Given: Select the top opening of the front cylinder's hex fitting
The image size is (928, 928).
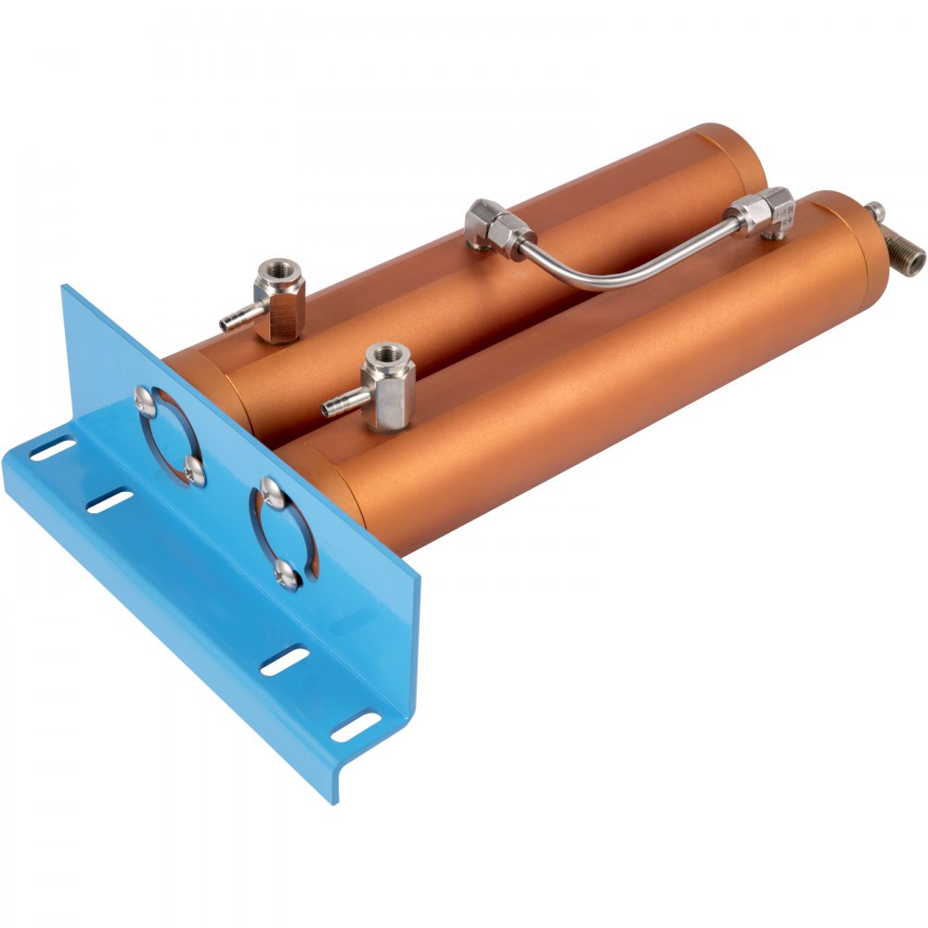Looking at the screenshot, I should pos(385,354).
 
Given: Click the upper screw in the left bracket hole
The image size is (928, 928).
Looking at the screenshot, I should pos(146,400).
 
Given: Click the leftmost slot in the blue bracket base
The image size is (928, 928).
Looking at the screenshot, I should pos(52,449).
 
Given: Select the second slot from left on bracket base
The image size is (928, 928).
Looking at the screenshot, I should pos(110,501).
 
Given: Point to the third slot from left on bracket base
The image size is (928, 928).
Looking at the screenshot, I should pos(285,661).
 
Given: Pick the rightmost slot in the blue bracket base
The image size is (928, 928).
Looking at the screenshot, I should pos(356,727).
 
